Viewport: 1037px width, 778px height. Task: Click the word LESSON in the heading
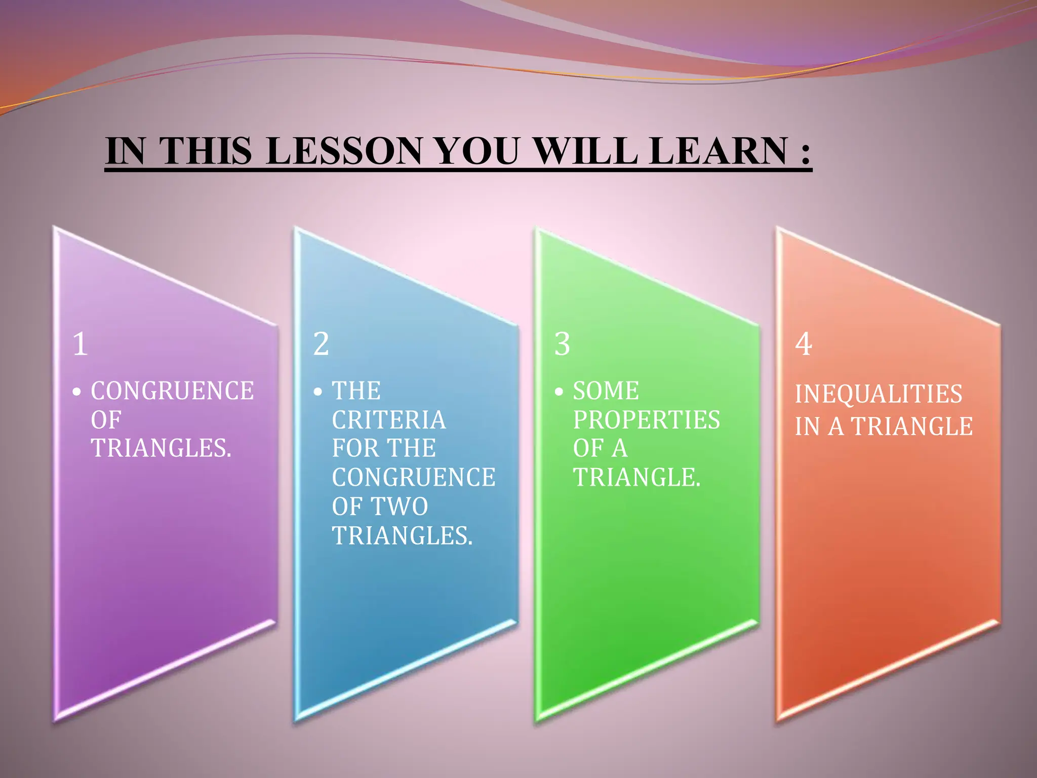343,151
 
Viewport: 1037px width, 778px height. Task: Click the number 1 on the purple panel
80,344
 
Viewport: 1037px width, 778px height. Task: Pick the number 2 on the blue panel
321,344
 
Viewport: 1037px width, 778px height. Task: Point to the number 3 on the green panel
562,344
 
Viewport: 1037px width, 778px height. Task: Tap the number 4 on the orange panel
804,344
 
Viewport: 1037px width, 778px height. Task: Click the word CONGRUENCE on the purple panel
172,391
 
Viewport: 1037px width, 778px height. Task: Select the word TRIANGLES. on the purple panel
161,448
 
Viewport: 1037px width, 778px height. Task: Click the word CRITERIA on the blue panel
389,420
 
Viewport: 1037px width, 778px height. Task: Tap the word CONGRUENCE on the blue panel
414,478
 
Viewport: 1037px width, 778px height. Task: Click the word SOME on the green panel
606,391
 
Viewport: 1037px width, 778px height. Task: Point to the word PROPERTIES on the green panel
647,420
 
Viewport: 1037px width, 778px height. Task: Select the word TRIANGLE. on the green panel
637,478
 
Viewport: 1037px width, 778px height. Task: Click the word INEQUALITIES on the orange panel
879,394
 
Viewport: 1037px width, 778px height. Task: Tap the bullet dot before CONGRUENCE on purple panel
76,392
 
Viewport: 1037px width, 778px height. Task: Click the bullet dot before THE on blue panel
317,392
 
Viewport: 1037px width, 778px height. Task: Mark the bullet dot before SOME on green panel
559,392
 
